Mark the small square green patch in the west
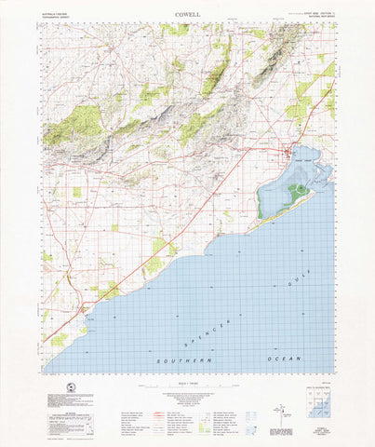[x=76, y=192]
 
